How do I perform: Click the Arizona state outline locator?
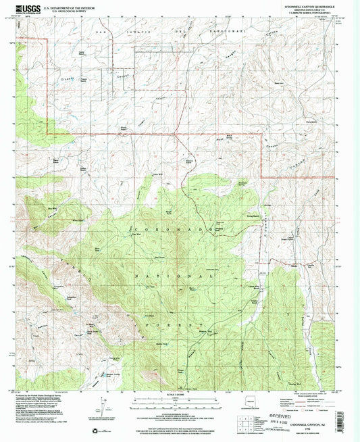coord(252,403)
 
